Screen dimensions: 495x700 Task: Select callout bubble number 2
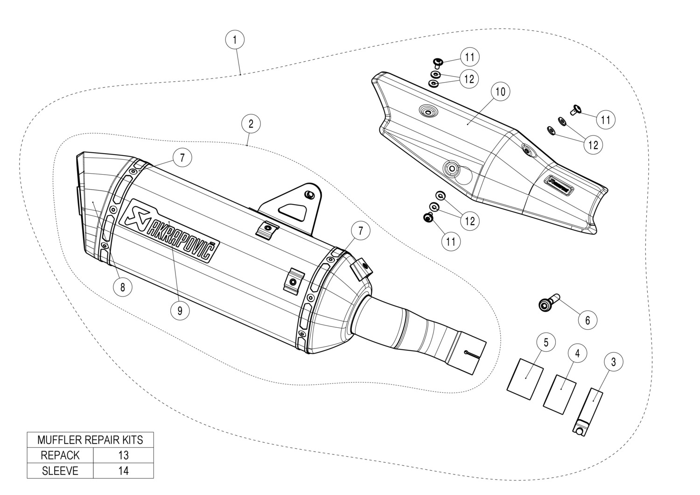tap(251, 124)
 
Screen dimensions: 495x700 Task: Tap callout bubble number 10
tap(500, 92)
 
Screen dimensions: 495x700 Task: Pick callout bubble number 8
tap(123, 288)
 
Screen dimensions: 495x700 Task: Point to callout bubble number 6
tap(588, 320)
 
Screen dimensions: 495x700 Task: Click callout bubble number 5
tap(546, 342)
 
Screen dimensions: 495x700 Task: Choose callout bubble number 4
tap(577, 354)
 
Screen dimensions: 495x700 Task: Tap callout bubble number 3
tap(613, 361)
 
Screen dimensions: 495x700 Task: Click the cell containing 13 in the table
tap(123, 455)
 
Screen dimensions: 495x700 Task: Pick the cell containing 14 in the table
tap(123, 471)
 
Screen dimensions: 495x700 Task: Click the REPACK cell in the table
tap(60, 455)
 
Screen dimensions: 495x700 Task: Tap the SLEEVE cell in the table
tap(60, 471)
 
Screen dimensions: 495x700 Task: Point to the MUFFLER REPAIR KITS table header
tap(90, 439)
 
